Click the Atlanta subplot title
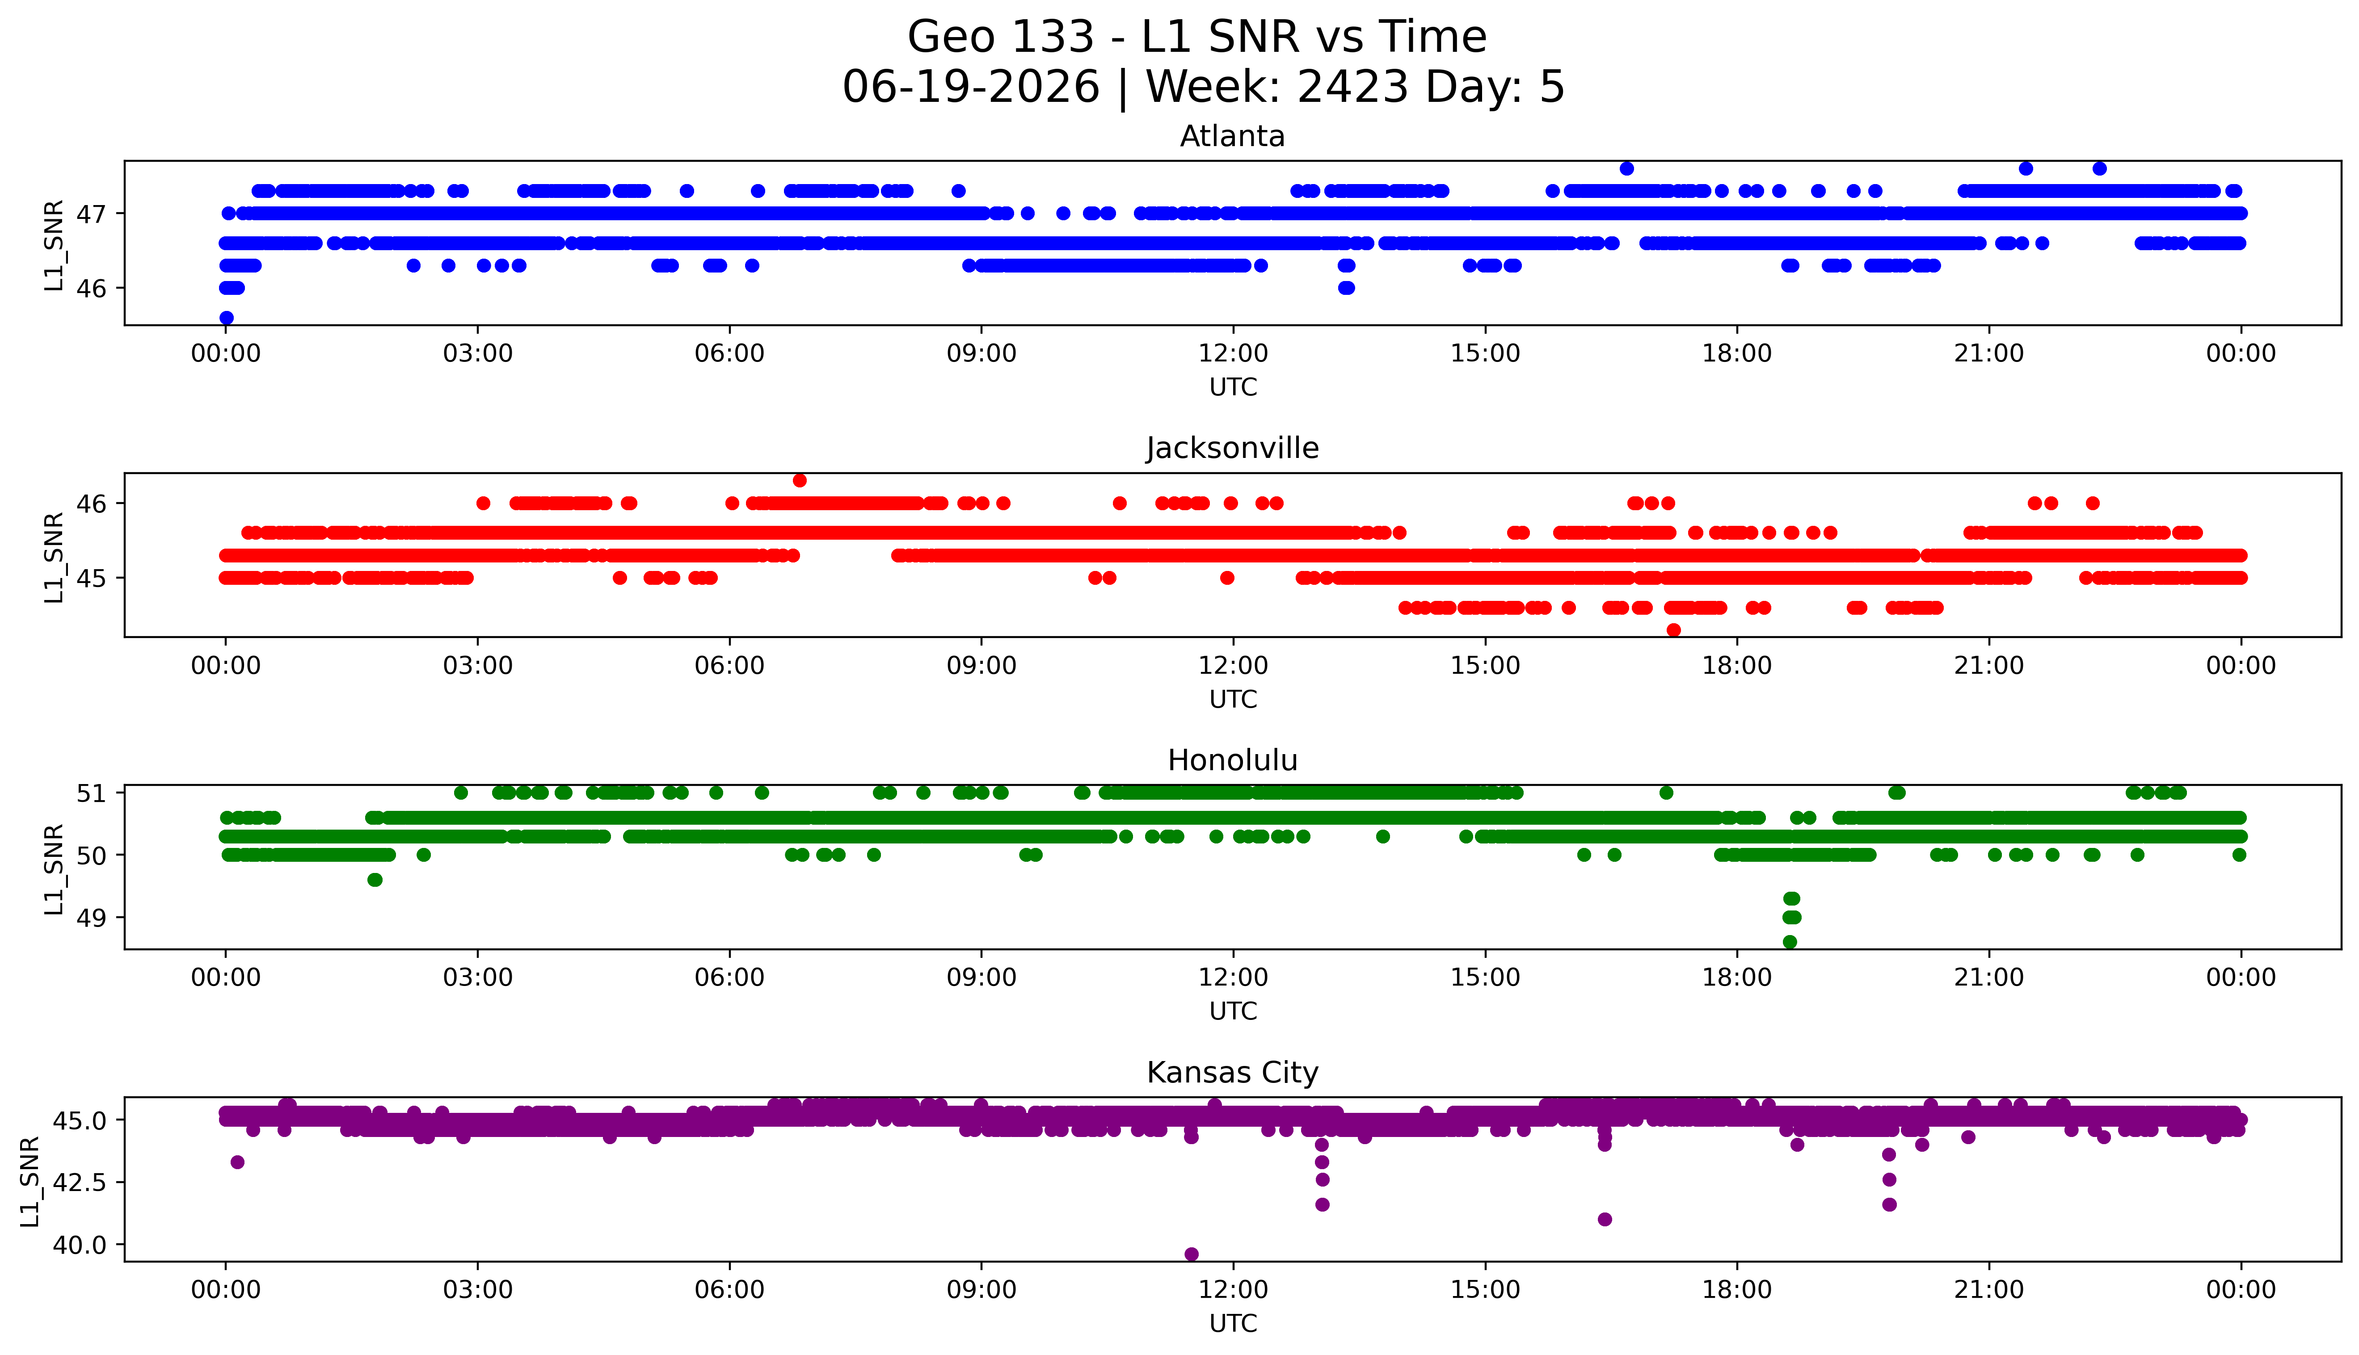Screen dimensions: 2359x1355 pos(1233,137)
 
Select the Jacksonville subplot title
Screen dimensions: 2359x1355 pos(1233,449)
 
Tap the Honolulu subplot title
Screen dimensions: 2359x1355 pos(1233,760)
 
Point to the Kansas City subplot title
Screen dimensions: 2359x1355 pos(1233,1073)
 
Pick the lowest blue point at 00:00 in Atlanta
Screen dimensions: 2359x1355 pos(226,317)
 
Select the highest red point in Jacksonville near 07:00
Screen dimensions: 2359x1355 pos(800,480)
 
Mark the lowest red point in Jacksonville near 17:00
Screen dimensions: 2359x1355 pos(1674,630)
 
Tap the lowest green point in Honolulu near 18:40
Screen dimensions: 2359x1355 pos(1789,942)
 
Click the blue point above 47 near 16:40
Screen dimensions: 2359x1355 pos(1626,168)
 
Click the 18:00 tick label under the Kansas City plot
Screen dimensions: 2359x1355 pos(1737,1290)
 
